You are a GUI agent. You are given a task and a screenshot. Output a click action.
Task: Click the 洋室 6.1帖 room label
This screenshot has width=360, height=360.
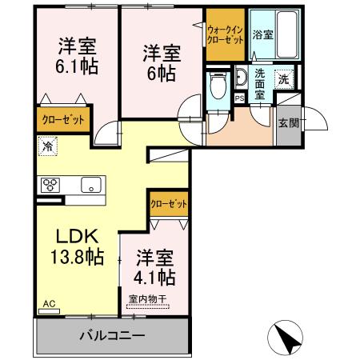pos(77,56)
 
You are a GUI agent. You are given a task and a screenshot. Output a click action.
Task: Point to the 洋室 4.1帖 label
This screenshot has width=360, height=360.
pos(155,268)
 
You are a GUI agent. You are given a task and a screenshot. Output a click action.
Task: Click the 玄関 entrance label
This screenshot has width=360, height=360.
pos(288,123)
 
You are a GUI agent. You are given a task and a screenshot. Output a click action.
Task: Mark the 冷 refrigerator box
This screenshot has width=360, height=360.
pos(46,147)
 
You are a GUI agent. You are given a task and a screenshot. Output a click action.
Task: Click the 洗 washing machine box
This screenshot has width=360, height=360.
pos(282,78)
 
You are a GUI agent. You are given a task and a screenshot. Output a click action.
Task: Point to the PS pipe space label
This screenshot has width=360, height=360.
pos(238,98)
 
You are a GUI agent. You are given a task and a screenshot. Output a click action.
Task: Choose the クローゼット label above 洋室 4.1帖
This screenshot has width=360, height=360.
pos(169,204)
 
